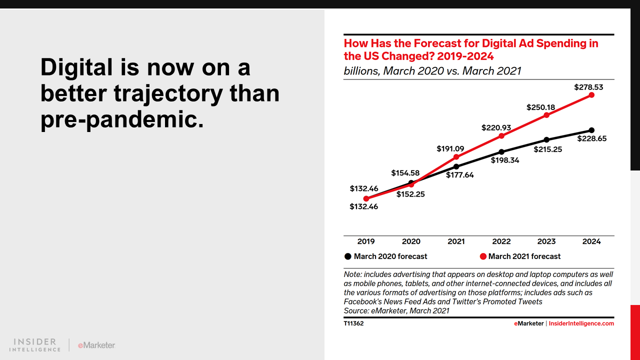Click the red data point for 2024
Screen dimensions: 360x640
tap(591, 94)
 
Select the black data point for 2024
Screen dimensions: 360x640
tap(591, 130)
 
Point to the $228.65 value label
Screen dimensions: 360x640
tap(592, 138)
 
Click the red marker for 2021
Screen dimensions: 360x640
tap(456, 157)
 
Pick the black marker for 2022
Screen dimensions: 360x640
tap(501, 151)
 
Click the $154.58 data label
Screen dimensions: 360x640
tap(405, 173)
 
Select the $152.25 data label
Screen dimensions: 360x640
tap(410, 194)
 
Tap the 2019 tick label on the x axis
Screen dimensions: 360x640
tap(366, 241)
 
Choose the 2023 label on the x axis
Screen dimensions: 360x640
tap(546, 241)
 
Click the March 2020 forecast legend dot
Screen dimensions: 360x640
tap(348, 256)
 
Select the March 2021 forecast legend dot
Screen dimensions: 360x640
tap(483, 256)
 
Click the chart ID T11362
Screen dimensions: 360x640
tap(353, 323)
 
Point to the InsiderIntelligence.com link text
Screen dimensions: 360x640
tap(581, 323)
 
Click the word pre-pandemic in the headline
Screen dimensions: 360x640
tap(121, 120)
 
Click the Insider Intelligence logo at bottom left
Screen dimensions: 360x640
tap(35, 345)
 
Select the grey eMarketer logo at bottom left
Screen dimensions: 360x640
tap(96, 345)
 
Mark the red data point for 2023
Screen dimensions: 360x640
tap(546, 115)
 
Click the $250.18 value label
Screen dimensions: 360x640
tap(540, 107)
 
